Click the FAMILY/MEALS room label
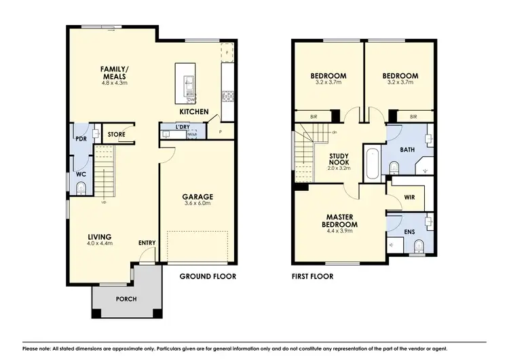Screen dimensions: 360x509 pyautogui.click(x=114, y=73)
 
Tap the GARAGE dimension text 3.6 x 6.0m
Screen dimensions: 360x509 pyautogui.click(x=197, y=203)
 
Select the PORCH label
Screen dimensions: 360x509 pyautogui.click(x=126, y=299)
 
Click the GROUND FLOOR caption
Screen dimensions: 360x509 pyautogui.click(x=208, y=276)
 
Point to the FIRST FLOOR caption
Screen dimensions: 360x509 pyautogui.click(x=313, y=276)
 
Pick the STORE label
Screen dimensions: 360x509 pyautogui.click(x=117, y=134)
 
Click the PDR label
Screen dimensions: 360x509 pyautogui.click(x=81, y=139)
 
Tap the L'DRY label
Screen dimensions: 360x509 pyautogui.click(x=182, y=127)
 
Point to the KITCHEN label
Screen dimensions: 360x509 pyautogui.click(x=193, y=111)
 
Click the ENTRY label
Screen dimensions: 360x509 pyautogui.click(x=146, y=242)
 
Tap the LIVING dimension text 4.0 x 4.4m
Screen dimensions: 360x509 pyautogui.click(x=99, y=243)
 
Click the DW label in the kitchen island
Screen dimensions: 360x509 pyautogui.click(x=191, y=100)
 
